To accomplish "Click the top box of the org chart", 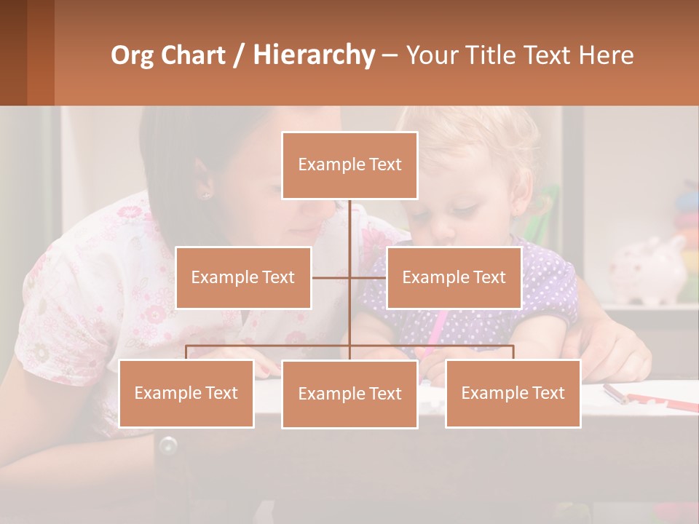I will point(349,165).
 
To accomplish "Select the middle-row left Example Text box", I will point(243,278).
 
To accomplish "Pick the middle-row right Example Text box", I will point(454,278).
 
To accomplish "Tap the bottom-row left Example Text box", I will point(186,394).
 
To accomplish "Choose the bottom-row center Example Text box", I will point(349,394).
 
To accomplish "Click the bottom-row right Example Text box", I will point(513,394).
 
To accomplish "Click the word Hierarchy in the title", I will point(314,55).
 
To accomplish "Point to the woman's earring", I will point(204,195).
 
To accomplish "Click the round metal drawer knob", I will point(168,444).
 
